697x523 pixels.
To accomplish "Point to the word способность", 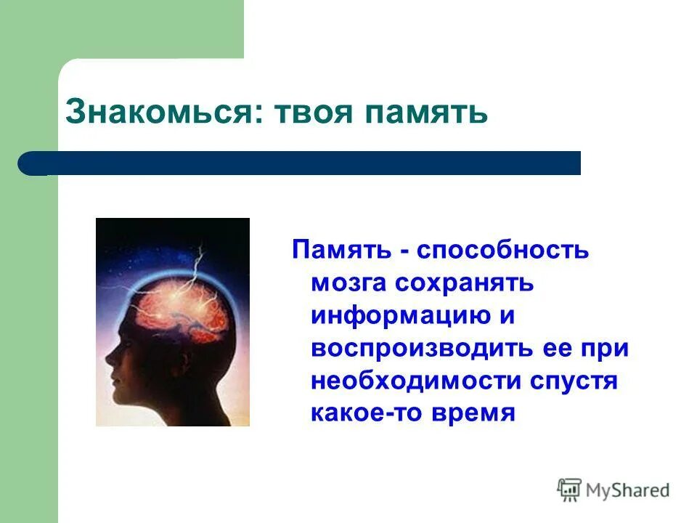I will coord(503,250).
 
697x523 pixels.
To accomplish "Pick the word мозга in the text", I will coord(348,283).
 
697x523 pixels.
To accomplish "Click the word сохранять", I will coord(465,283).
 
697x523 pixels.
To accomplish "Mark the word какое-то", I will coord(369,413).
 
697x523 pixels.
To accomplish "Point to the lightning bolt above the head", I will coord(197,265).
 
